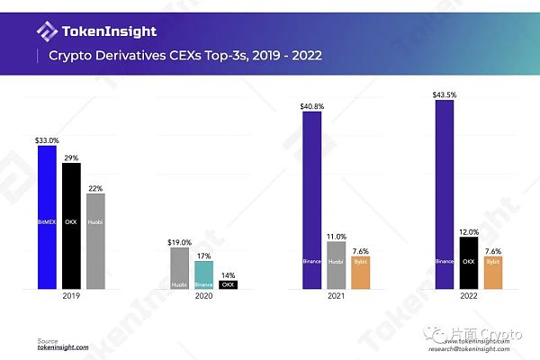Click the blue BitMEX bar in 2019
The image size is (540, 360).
pos(47,217)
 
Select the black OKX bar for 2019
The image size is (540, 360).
pos(71,226)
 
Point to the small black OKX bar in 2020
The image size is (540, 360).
pos(229,283)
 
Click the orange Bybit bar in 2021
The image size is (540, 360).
pos(360,273)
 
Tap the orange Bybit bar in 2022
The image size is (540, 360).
pos(492,273)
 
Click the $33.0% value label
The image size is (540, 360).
pos(47,139)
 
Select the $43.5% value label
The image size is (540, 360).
pos(444,94)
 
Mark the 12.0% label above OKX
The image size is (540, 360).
pos(468,230)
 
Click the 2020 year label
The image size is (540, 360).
pos(204,295)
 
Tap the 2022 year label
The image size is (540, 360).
pos(468,295)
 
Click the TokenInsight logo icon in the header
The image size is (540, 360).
pos(47,31)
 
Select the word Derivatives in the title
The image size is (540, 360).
pos(122,56)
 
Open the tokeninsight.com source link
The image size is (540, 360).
pos(63,347)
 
